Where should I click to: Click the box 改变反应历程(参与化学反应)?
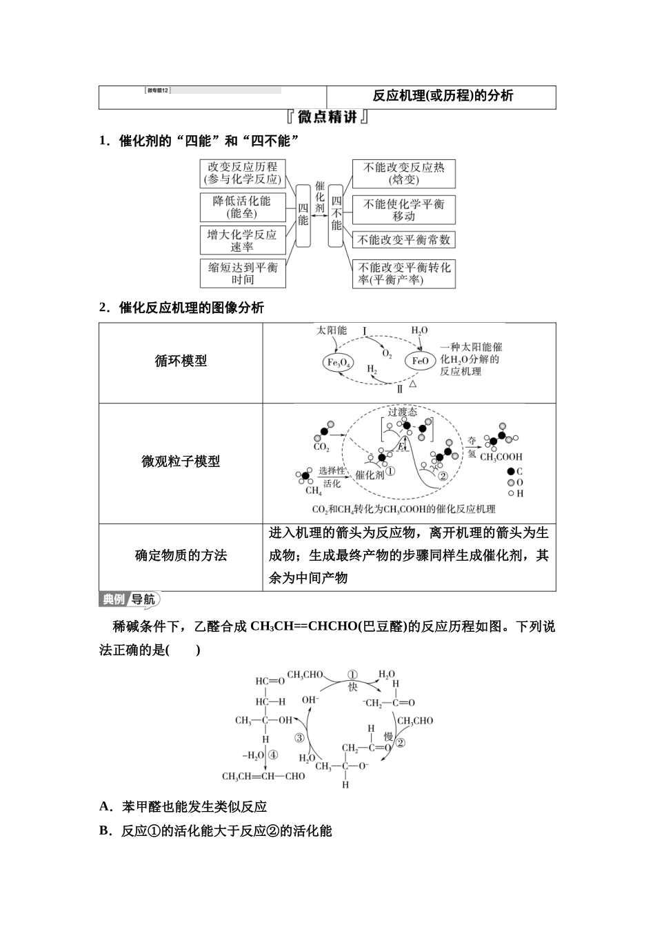pyautogui.click(x=243, y=173)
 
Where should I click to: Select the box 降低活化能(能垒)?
pyautogui.click(x=242, y=207)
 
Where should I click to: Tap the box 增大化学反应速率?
pyautogui.click(x=242, y=241)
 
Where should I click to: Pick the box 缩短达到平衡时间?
pyautogui.click(x=243, y=273)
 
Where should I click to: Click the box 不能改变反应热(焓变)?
pyautogui.click(x=404, y=173)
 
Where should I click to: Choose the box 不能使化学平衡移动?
pyautogui.click(x=404, y=209)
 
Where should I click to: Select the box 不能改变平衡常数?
pyautogui.click(x=404, y=240)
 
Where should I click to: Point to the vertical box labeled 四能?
pyautogui.click(x=303, y=215)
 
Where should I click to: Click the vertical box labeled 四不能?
pyautogui.click(x=336, y=215)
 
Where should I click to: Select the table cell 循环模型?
pyautogui.click(x=181, y=361)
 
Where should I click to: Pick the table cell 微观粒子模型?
pyautogui.click(x=181, y=462)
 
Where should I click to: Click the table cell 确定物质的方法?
pyautogui.click(x=181, y=556)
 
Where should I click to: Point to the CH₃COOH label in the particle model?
pyautogui.click(x=501, y=457)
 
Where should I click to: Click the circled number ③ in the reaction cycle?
pyautogui.click(x=299, y=737)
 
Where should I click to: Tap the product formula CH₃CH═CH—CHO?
pyautogui.click(x=263, y=776)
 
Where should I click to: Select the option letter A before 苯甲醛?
pyautogui.click(x=105, y=806)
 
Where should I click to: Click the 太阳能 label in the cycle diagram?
pyautogui.click(x=332, y=330)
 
